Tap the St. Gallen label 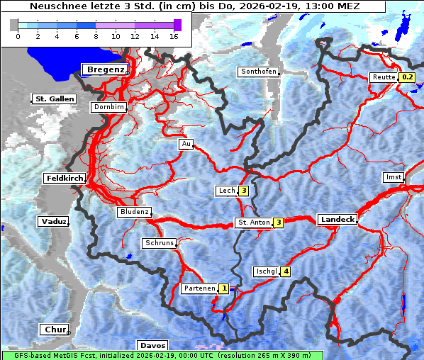(55, 99)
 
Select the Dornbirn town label (108, 107)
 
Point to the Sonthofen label (259, 72)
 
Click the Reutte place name (383, 77)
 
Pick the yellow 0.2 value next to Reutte (406, 77)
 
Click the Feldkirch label (65, 178)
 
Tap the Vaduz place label (52, 222)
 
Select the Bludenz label (133, 212)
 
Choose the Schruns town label (159, 243)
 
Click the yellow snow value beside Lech (243, 191)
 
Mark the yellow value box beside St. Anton (279, 223)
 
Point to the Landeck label (337, 220)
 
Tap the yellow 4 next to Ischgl (286, 271)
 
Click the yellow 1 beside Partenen (224, 288)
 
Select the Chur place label (54, 330)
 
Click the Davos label (152, 346)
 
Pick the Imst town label (392, 176)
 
